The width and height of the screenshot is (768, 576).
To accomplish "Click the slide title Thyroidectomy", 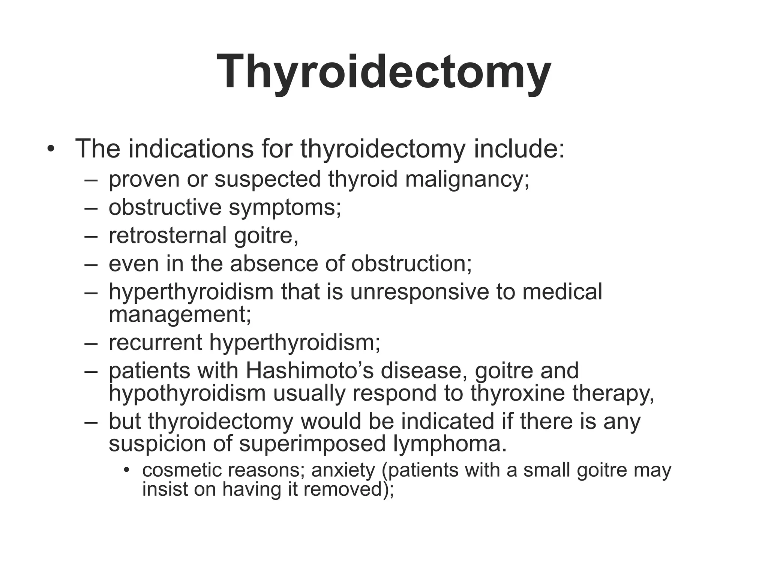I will tap(384, 71).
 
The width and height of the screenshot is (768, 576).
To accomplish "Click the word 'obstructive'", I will tap(165, 207).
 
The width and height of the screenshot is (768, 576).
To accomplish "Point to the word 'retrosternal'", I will tap(167, 235).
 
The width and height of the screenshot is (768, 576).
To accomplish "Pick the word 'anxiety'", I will tap(343, 471).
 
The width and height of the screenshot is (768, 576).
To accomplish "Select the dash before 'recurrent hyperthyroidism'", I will tap(91, 343).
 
